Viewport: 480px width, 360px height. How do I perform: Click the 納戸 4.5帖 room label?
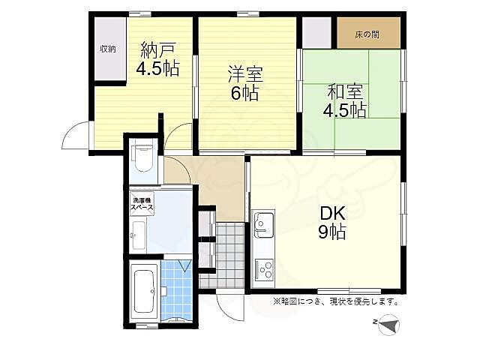157,59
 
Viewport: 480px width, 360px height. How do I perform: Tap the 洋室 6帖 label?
245,83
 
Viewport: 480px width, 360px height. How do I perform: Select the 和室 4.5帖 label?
345,101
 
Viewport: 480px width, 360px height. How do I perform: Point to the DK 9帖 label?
332,223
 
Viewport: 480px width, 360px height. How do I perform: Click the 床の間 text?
367,34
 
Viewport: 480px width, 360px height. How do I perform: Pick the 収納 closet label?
108,49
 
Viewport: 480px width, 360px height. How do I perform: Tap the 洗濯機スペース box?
142,204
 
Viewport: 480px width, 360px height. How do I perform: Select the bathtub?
144,291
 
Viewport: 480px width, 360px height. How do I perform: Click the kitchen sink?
264,225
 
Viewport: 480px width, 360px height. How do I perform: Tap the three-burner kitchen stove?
264,270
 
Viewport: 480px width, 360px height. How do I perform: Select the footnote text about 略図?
336,301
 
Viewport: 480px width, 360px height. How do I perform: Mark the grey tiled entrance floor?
223,255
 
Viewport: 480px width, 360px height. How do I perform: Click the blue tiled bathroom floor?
177,290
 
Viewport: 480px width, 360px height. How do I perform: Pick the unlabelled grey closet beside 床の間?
316,33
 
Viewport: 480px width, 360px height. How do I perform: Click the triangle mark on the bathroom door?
185,265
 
